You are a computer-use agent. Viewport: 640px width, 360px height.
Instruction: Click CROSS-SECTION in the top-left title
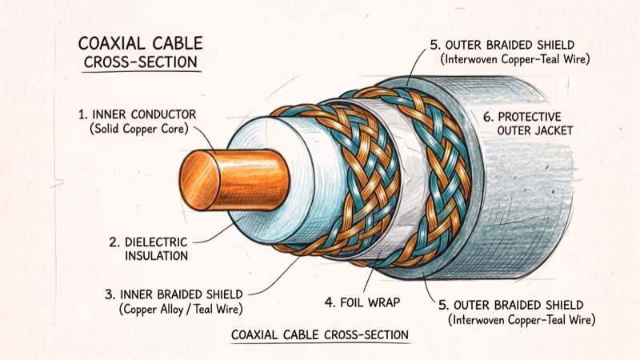tap(141, 62)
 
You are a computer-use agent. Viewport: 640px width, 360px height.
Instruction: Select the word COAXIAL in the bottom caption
tap(261, 334)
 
